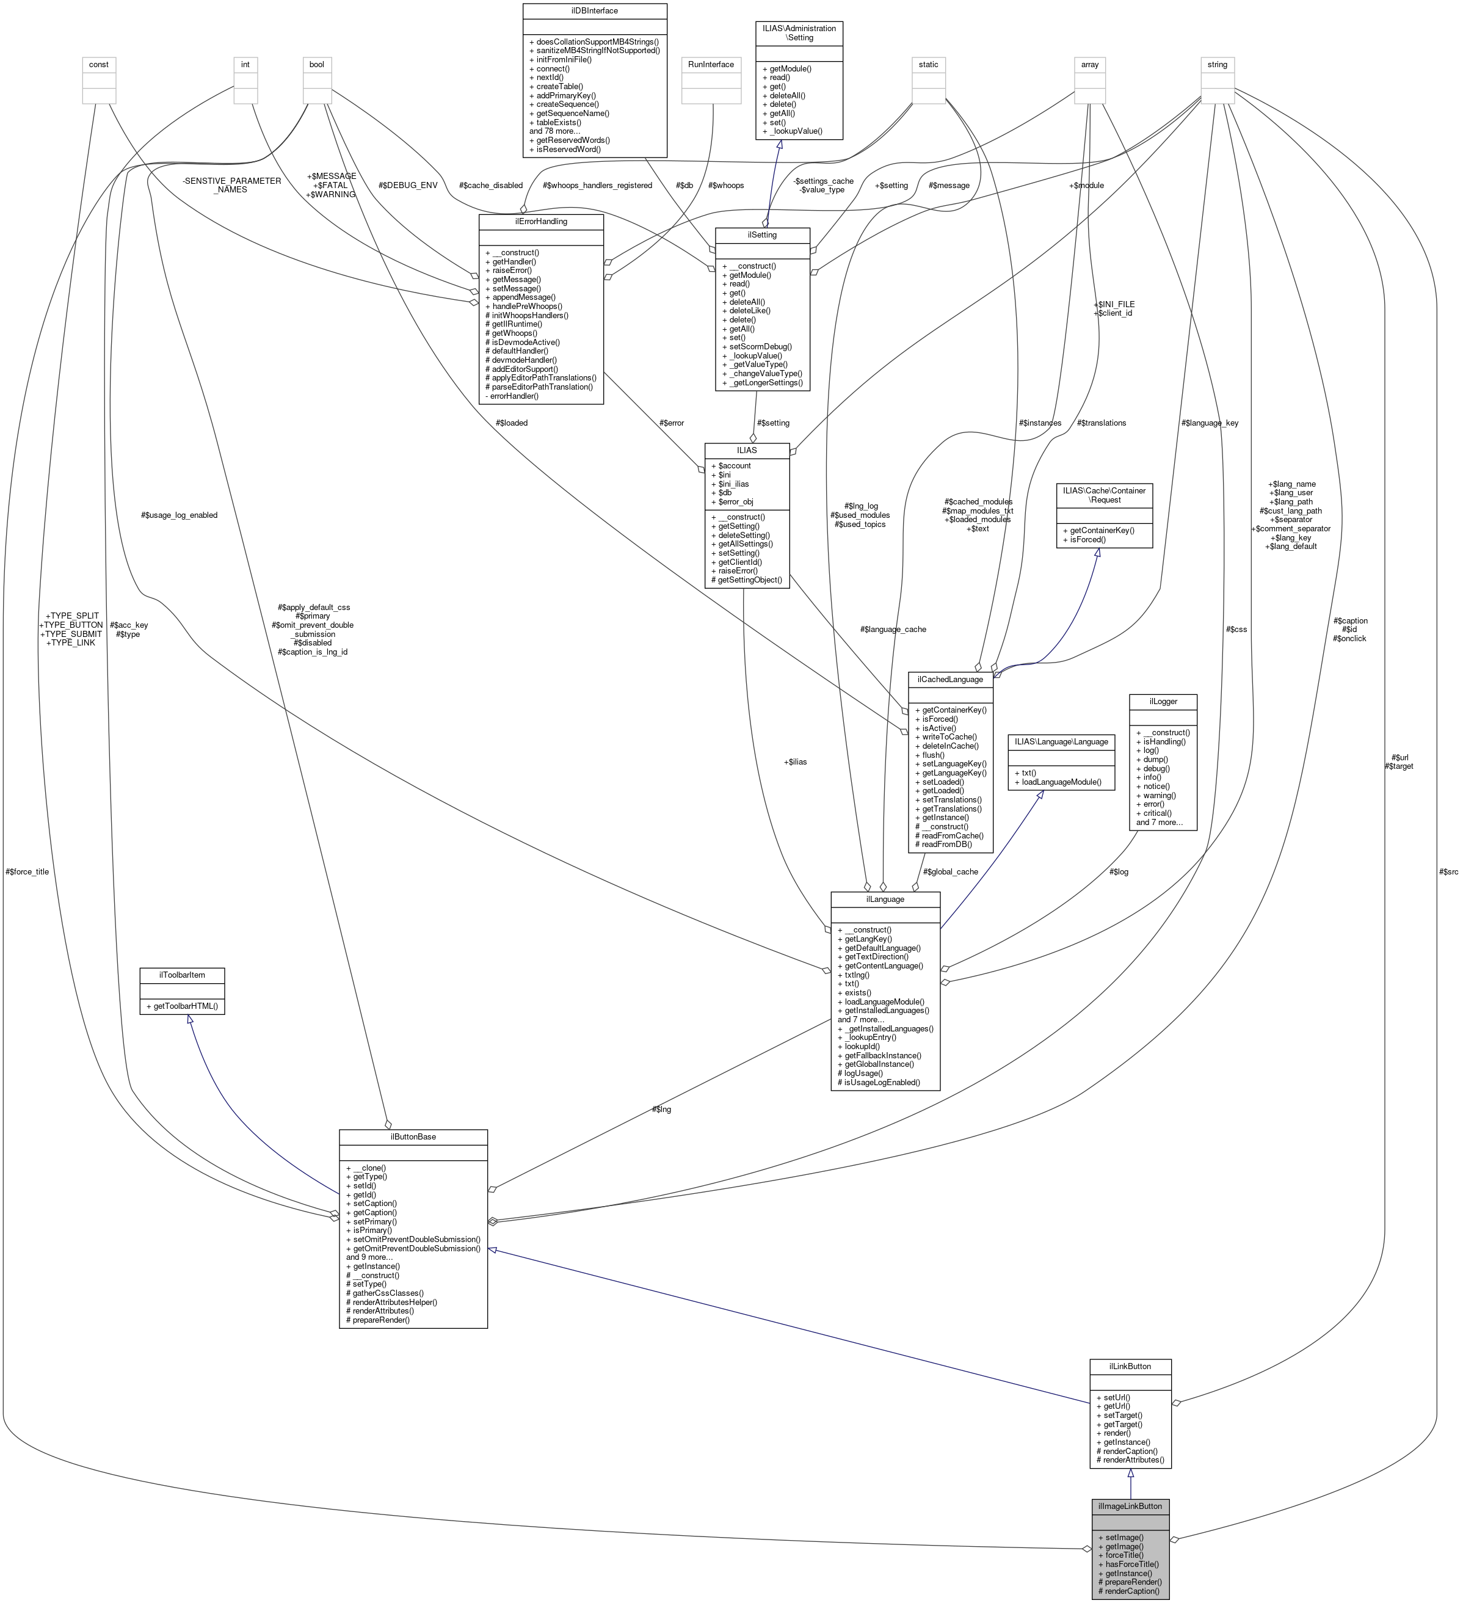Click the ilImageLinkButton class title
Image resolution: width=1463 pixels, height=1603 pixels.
[1129, 1506]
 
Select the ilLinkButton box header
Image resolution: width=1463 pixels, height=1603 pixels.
[1129, 1366]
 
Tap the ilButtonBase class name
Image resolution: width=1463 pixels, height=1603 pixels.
[413, 1136]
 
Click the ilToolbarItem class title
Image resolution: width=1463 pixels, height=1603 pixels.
[181, 974]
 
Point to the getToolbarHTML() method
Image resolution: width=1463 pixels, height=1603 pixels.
[181, 1006]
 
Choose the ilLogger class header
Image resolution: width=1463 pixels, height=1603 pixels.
[1163, 701]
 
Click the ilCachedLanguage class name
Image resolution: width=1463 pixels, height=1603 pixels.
[949, 679]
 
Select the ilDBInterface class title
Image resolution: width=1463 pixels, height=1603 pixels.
[594, 10]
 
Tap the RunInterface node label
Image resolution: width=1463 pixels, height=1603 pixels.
[711, 64]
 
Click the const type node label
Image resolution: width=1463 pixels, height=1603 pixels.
[98, 64]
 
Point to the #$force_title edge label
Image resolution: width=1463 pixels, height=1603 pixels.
[27, 871]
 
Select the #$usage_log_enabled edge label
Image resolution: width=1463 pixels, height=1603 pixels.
[179, 515]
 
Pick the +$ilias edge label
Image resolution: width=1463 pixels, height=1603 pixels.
[794, 762]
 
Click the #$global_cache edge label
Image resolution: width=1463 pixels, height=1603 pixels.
[950, 871]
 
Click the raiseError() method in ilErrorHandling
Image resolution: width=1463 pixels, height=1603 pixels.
[514, 271]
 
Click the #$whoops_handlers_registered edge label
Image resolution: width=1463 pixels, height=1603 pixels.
[597, 185]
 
